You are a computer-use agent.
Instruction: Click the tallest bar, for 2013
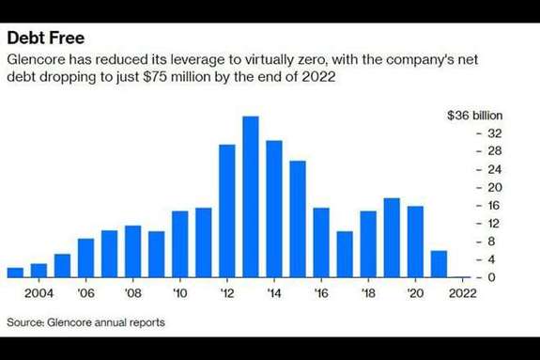[x=251, y=196]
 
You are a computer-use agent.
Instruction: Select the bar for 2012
[x=227, y=211]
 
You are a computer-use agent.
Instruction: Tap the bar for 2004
[x=39, y=271]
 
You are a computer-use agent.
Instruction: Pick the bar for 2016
[x=321, y=243]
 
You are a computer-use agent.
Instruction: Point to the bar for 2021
[x=439, y=264]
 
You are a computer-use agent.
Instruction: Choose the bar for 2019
[x=392, y=238]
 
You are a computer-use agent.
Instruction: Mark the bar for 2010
[x=179, y=244]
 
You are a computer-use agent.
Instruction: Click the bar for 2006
[x=85, y=258]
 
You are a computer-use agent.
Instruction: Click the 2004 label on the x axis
[x=39, y=293]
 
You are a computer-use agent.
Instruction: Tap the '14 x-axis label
[x=274, y=293]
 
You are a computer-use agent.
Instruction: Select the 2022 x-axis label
[x=462, y=293]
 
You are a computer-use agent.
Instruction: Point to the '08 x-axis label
[x=133, y=293]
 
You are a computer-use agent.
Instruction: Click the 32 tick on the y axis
[x=495, y=133]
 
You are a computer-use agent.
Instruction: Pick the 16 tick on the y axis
[x=493, y=206]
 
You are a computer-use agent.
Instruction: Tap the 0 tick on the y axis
[x=491, y=277]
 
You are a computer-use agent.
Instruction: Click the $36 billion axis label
[x=474, y=116]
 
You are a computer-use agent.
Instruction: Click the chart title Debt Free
[x=46, y=38]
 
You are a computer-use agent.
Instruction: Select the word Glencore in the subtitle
[x=37, y=59]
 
